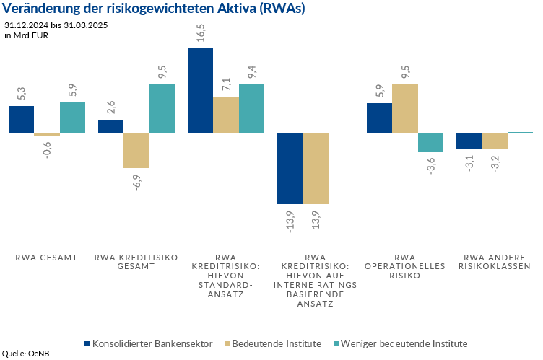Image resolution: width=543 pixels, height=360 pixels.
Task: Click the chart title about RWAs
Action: pos(154,9)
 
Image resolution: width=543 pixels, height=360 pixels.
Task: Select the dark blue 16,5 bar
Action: pos(200,90)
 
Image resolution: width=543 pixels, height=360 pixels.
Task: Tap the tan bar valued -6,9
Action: pos(136,150)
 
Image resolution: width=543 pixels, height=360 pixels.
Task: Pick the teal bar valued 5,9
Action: pos(72,118)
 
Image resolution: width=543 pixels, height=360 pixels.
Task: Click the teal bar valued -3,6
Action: pos(430,142)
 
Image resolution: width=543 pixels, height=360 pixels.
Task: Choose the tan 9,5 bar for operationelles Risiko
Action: pos(405,108)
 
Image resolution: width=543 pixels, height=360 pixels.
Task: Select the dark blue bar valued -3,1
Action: pos(469,141)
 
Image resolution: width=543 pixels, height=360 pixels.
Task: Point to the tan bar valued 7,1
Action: pos(226,115)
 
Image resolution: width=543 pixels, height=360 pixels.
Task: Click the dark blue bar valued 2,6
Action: pos(110,126)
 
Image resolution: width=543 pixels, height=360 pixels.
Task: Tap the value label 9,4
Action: pos(252,72)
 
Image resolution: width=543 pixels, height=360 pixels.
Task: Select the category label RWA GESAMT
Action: pos(46,257)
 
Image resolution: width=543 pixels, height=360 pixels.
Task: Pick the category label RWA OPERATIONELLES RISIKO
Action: pos(405,266)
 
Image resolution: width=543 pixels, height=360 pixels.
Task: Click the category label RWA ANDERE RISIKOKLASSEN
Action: pos(497,261)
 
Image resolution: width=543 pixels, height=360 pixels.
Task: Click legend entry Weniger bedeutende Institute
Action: pos(404,343)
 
